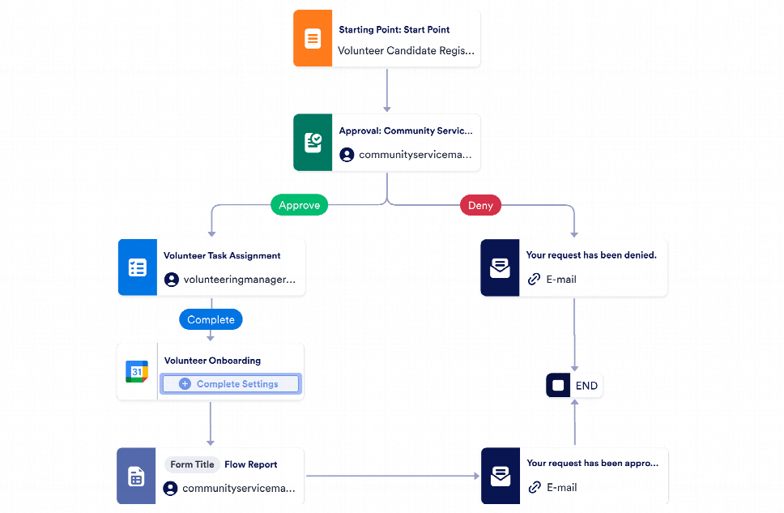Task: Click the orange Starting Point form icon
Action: click(312, 39)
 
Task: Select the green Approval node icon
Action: click(313, 143)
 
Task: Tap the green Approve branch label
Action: click(299, 205)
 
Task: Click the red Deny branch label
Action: click(480, 205)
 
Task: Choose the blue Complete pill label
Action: click(211, 319)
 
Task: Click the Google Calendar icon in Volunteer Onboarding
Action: click(137, 372)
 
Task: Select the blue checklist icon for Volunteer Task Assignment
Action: click(137, 267)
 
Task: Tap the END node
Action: click(574, 386)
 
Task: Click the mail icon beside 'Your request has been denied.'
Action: click(500, 267)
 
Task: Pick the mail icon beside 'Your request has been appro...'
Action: click(500, 476)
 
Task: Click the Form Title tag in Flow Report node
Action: click(192, 464)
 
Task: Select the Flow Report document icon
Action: click(136, 477)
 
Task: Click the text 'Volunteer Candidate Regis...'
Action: click(406, 50)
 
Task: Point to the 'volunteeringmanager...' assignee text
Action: click(239, 280)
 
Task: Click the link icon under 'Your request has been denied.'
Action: click(534, 280)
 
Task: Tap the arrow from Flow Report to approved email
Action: click(392, 477)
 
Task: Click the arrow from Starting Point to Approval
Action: click(387, 91)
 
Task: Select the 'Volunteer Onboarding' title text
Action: click(212, 361)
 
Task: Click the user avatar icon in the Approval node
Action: click(347, 155)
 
